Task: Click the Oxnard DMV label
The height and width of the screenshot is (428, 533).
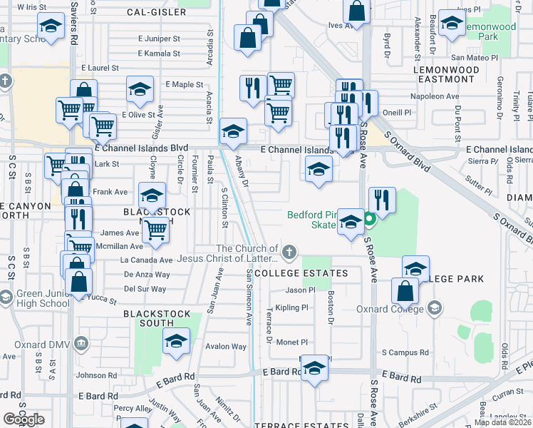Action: point(46,343)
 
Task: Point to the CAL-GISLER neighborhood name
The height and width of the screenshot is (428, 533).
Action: point(156,12)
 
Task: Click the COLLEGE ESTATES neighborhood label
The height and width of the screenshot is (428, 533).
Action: point(301,273)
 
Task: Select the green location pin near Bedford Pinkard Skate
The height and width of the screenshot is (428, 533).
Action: point(369,220)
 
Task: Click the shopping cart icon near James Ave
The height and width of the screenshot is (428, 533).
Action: point(155,230)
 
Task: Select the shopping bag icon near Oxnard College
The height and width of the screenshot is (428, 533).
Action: point(405,290)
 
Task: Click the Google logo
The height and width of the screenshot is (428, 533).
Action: point(24,419)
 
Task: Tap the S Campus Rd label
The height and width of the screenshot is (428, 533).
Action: point(405,352)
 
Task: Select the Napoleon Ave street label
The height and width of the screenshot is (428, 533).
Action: point(434,96)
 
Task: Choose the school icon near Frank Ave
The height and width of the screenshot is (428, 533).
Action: point(151,195)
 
